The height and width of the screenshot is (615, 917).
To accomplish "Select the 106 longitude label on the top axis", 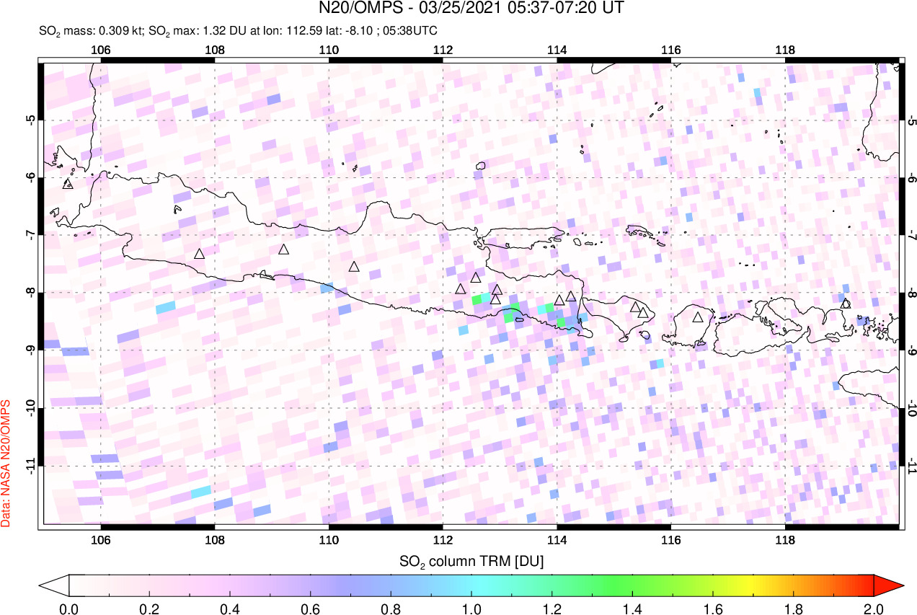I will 101,50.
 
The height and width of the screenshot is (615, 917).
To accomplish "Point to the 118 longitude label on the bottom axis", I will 784,539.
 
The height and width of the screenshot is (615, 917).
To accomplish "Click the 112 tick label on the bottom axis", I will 443,539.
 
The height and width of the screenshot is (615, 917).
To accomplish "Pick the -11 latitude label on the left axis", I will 30,466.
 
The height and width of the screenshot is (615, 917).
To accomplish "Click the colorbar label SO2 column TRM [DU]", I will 471,560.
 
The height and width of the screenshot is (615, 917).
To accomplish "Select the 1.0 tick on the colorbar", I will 471,607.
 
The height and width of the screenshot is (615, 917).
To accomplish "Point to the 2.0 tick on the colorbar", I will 874,607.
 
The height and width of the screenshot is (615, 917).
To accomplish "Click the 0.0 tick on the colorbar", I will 69,607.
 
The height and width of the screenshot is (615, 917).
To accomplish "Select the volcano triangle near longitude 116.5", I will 698,317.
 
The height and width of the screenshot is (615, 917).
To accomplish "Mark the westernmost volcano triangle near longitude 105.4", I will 68,184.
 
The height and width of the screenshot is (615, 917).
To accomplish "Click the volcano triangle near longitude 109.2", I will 284,249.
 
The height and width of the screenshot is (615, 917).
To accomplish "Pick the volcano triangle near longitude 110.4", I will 354,267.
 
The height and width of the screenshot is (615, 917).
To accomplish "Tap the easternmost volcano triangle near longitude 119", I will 846,304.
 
